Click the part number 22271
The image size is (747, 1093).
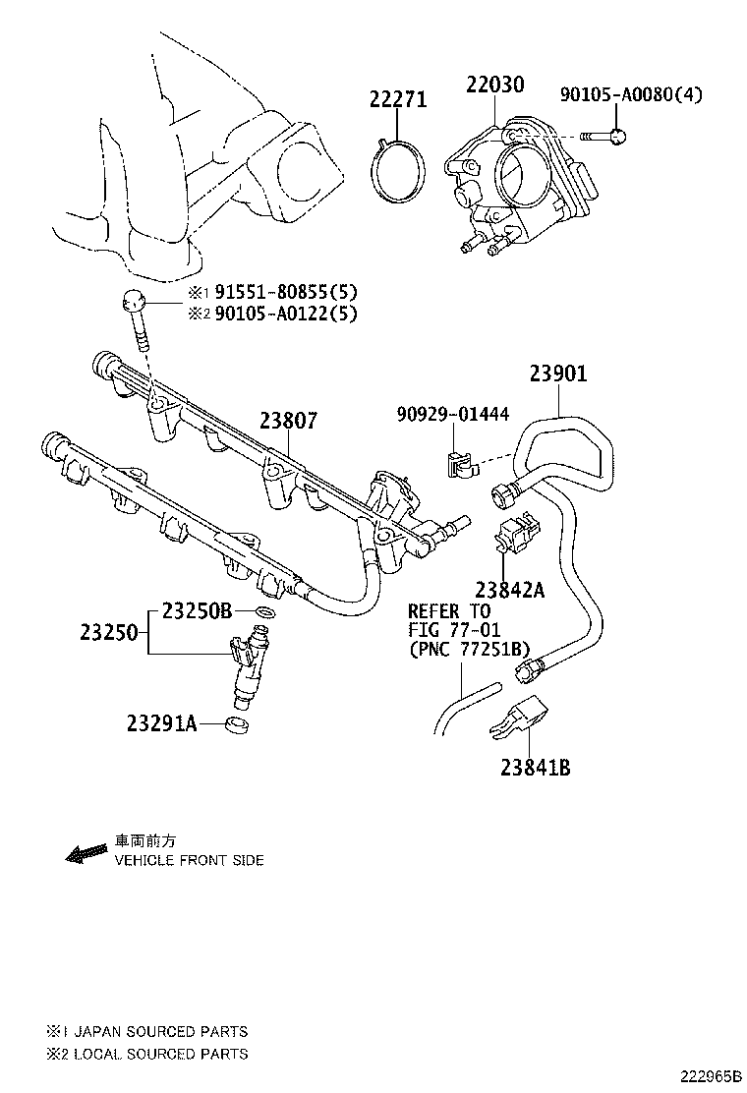point(398,99)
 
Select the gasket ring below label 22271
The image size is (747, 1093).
point(400,174)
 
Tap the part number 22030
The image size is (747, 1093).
point(494,85)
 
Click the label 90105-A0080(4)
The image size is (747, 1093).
point(632,94)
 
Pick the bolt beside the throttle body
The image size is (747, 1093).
point(602,137)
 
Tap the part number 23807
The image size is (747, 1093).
point(288,420)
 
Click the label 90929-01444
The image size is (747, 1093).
point(453,415)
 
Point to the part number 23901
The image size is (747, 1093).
point(558,374)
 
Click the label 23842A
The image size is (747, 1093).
point(510,590)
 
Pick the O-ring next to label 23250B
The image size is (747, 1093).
point(263,613)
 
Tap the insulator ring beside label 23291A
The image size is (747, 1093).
point(237,726)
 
